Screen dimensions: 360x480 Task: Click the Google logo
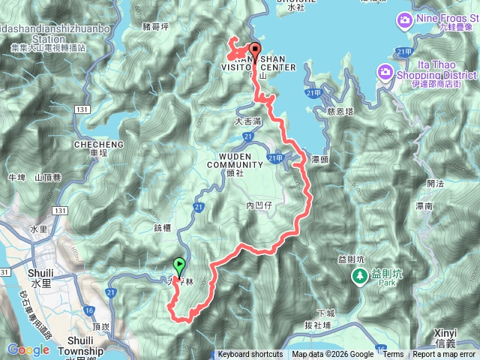coord(28,349)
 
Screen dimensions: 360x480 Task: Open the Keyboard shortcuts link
coord(250,355)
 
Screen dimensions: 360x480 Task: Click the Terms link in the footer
coord(393,355)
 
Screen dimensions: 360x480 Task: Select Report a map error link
coord(445,355)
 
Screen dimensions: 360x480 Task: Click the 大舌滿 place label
coord(248,120)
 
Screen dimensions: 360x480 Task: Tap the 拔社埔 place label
coord(319,324)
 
